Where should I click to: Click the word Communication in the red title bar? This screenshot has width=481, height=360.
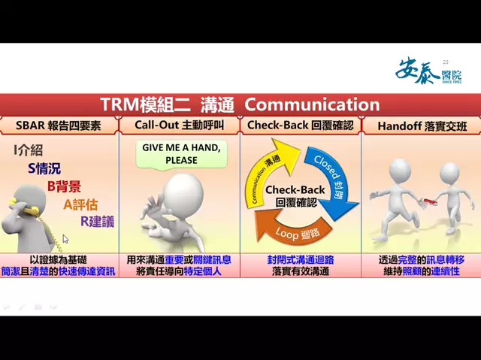tap(312, 104)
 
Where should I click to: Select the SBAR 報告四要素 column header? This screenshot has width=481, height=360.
tap(60, 124)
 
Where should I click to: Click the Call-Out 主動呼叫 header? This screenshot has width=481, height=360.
tap(179, 124)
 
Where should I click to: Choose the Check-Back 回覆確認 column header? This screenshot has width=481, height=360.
tap(300, 124)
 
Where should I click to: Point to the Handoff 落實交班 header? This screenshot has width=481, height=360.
tap(420, 124)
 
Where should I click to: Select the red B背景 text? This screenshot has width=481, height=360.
tap(64, 186)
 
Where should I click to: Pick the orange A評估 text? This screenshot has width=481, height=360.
tap(80, 204)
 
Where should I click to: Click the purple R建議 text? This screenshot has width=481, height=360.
tap(98, 221)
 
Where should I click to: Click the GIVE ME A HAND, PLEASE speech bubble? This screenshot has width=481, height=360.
tap(181, 153)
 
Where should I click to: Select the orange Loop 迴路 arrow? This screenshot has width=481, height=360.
tap(295, 230)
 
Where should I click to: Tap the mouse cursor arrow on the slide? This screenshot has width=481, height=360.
tap(65, 239)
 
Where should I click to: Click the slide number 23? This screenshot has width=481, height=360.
tap(445, 62)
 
